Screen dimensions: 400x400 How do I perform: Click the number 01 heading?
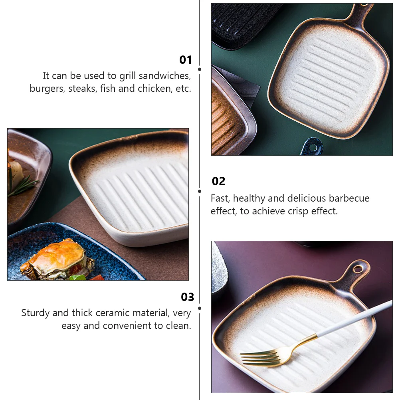(186, 60)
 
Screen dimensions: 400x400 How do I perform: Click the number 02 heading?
(218, 181)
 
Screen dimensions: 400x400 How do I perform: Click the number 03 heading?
(187, 297)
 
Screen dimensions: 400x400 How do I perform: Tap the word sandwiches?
(163, 75)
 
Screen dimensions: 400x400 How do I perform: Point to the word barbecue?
(349, 198)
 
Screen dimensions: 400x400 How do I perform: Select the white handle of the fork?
(355, 317)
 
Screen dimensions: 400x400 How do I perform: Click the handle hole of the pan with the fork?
(358, 269)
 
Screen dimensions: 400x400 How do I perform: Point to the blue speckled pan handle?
(313, 147)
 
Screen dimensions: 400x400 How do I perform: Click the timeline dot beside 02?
(200, 191)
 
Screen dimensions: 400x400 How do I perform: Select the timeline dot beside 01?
(200, 69)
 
